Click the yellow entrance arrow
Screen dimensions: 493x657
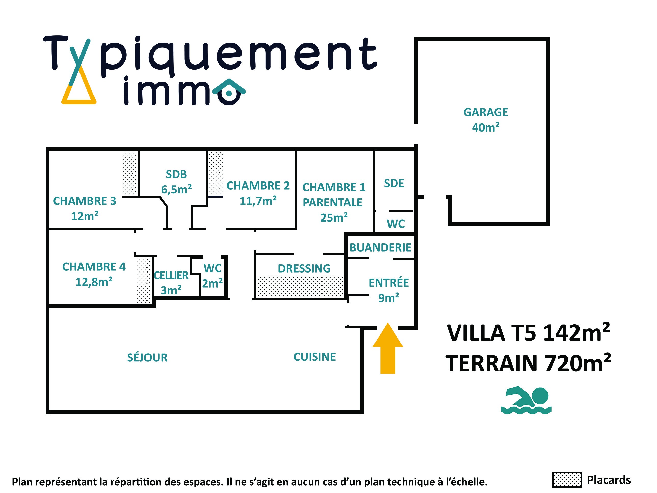click(388, 349)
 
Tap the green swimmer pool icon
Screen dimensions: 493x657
click(526, 400)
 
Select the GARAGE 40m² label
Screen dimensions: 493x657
click(486, 120)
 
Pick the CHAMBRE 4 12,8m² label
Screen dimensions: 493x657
click(94, 274)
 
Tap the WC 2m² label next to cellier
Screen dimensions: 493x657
click(212, 276)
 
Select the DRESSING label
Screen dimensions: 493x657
click(304, 269)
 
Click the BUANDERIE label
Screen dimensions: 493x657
click(380, 248)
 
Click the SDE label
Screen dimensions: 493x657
click(394, 184)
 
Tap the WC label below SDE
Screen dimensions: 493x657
click(396, 224)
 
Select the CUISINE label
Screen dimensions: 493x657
click(315, 357)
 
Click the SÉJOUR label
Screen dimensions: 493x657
click(147, 357)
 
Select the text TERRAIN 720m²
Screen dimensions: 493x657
click(528, 364)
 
